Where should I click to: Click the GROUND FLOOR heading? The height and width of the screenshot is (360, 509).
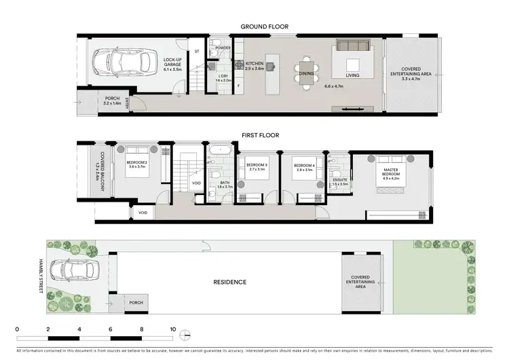(x=264, y=27)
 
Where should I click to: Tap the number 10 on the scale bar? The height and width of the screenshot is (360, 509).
(x=173, y=329)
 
